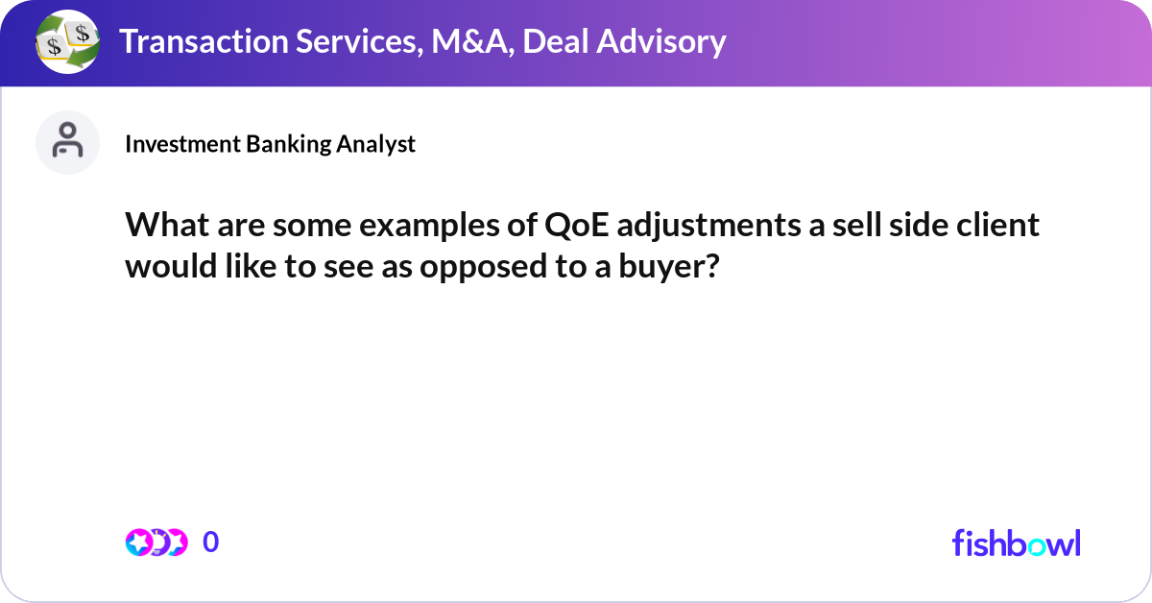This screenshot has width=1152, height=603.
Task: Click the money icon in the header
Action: pos(67,42)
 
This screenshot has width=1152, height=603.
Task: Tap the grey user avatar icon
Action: pos(67,142)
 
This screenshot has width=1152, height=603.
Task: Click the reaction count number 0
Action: pos(211,543)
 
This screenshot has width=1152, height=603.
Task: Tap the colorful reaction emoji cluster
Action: pos(156,543)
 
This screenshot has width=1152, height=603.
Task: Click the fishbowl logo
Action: pos(1016,543)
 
